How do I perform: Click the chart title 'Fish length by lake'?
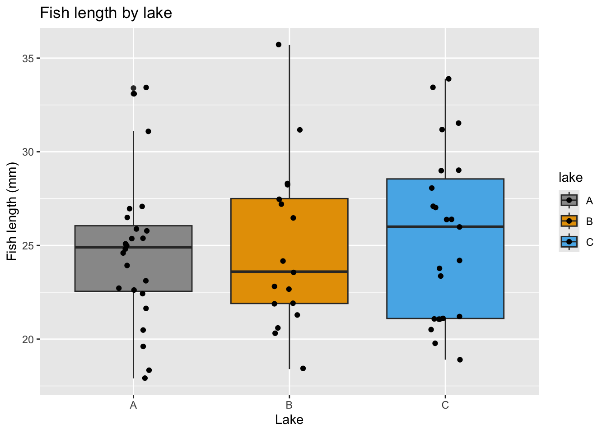click(106, 13)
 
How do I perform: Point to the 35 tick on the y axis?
click(28, 58)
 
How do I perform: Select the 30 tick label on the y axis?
click(28, 152)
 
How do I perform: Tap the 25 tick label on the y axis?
click(28, 245)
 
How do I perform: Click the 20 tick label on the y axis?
click(28, 339)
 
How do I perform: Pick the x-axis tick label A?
click(133, 405)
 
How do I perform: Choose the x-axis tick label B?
click(289, 405)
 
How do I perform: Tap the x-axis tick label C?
click(445, 405)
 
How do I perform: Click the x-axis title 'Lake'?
click(289, 420)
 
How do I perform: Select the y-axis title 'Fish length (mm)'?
click(12, 211)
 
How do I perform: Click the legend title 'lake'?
click(570, 178)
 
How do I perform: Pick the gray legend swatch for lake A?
click(569, 200)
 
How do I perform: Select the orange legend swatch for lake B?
click(569, 221)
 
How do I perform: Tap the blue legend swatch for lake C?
click(569, 242)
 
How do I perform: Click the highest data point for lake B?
click(279, 45)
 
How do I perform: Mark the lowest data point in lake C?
click(460, 359)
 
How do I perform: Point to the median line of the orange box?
click(289, 272)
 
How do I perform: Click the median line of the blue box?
click(445, 226)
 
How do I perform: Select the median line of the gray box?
click(133, 247)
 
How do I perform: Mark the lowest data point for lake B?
click(303, 369)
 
